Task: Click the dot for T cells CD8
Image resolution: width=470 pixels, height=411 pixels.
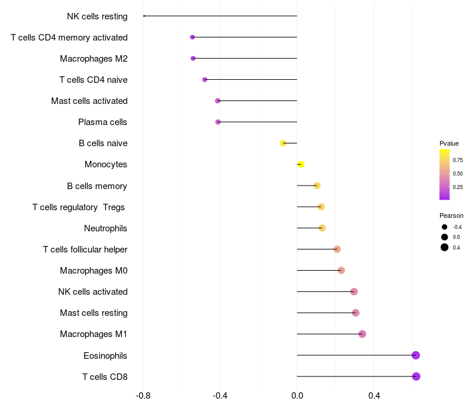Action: [x=416, y=376]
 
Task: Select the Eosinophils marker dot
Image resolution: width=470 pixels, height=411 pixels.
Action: [x=415, y=355]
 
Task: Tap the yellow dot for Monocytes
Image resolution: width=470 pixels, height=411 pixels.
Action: [x=301, y=164]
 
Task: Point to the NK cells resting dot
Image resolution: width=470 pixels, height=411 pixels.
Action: [x=144, y=16]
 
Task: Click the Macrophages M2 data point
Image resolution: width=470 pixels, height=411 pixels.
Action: [x=193, y=58]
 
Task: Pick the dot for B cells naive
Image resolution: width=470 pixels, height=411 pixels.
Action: [x=283, y=143]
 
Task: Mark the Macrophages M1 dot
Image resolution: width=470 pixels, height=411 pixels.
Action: [x=362, y=334]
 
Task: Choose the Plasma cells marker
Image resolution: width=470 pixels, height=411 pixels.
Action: [x=218, y=122]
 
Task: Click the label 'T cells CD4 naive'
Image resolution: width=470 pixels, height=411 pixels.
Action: [x=93, y=80]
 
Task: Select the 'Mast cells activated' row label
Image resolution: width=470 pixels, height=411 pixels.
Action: [x=89, y=101]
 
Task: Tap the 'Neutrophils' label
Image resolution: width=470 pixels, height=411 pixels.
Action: [x=106, y=228]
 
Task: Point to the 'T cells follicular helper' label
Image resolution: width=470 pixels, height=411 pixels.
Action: [x=85, y=250]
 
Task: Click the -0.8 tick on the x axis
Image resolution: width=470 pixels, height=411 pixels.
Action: [x=143, y=396]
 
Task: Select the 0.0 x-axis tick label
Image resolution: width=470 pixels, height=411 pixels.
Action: [x=297, y=396]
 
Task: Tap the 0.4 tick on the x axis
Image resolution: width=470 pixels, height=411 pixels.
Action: [x=374, y=396]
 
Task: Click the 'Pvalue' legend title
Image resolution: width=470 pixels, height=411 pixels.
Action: [x=449, y=143]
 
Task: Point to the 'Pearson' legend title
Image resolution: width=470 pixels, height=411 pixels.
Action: [x=451, y=215]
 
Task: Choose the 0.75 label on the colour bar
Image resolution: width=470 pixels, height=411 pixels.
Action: [x=458, y=160]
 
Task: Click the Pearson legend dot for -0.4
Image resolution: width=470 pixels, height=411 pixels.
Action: [x=445, y=227]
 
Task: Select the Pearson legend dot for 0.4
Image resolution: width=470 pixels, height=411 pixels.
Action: [x=445, y=247]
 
